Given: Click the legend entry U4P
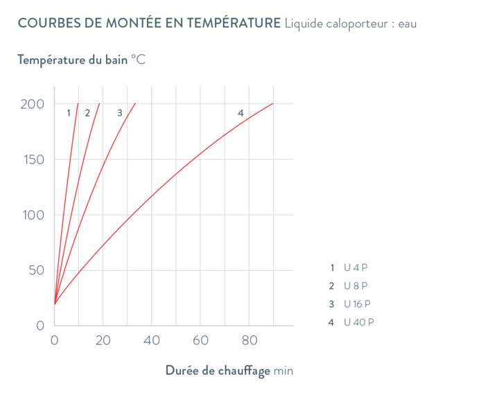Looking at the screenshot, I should pos(353,267).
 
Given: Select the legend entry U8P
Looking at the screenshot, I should pos(353,285).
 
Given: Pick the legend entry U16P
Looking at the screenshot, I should pos(353,304).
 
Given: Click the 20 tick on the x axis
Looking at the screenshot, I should pos(103,340).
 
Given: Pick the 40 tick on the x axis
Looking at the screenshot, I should pos(151,340).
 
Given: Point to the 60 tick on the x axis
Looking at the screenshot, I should pos(200,340).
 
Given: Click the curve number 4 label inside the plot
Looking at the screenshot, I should pos(240,113).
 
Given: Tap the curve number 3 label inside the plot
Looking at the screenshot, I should pos(119,113).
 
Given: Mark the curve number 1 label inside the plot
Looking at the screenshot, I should pos(69,113).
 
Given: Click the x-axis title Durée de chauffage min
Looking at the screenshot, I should pos(229,371).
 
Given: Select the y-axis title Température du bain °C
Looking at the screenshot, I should pos(81,60).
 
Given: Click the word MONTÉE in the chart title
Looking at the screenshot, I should pos(136,24).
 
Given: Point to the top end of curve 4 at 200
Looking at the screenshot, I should pos(273,104).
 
